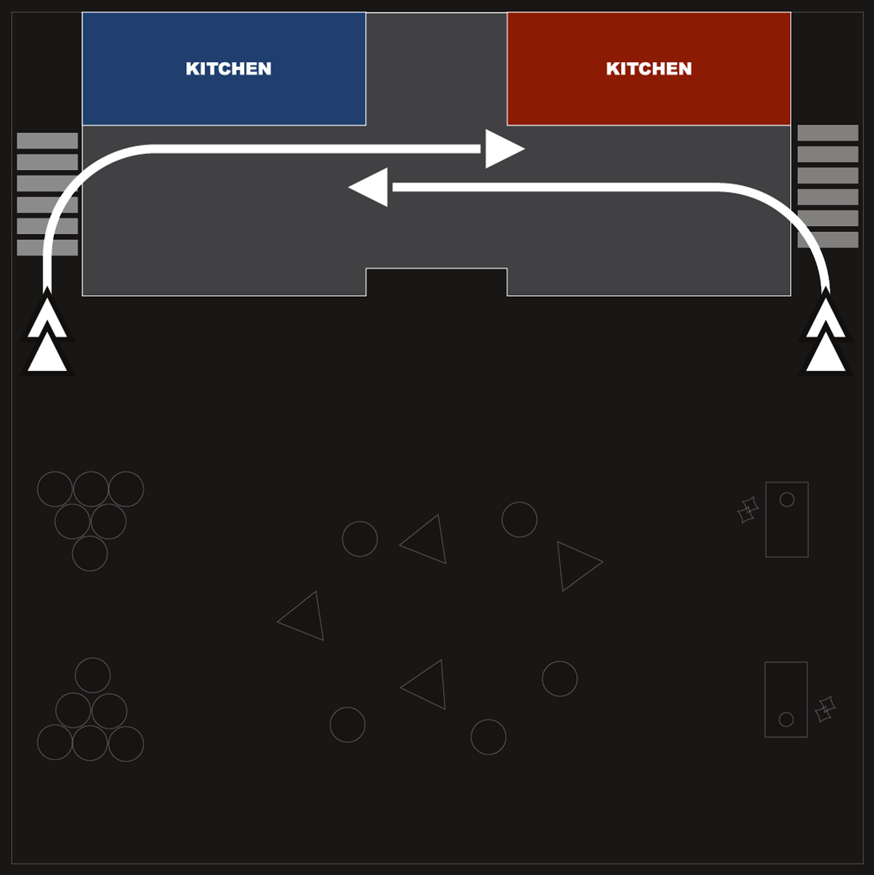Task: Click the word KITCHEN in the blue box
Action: coord(228,69)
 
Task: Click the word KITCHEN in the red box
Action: coord(649,69)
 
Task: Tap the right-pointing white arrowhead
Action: coord(503,149)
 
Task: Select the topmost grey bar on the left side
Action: coord(47,141)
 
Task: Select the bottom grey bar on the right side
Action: coord(828,240)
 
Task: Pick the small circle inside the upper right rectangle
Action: coord(787,500)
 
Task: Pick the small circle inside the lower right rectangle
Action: coord(786,719)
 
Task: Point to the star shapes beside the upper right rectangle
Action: coord(748,510)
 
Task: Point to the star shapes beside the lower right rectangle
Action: coord(825,709)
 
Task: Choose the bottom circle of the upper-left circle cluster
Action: coord(90,553)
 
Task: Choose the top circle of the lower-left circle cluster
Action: coord(92,675)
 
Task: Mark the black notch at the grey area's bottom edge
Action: coord(436,282)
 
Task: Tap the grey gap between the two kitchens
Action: coord(436,68)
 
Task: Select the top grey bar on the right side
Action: coord(828,133)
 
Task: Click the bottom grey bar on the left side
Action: coord(47,247)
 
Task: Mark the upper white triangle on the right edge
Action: coord(826,319)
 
